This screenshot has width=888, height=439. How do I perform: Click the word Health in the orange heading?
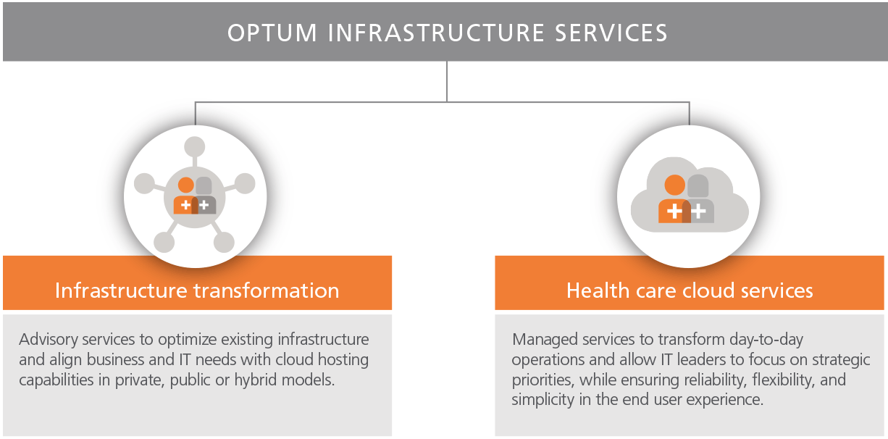point(593,290)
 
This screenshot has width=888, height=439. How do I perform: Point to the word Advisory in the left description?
point(46,339)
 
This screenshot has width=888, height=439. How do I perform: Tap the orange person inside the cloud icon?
point(674,199)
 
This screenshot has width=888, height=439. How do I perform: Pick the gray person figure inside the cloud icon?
point(700,199)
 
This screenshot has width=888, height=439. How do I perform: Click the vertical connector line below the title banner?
point(447,81)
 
